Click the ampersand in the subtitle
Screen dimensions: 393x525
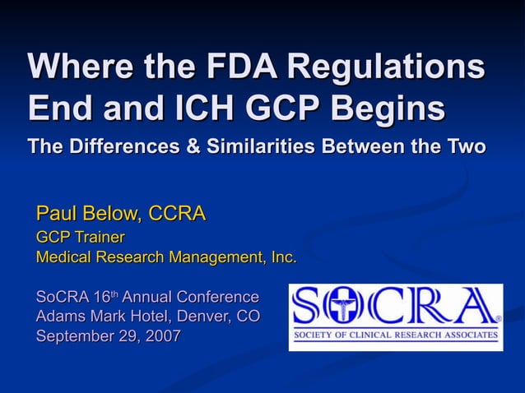[194, 148]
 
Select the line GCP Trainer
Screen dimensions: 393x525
[80, 238]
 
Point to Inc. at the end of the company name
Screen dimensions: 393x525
[283, 257]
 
